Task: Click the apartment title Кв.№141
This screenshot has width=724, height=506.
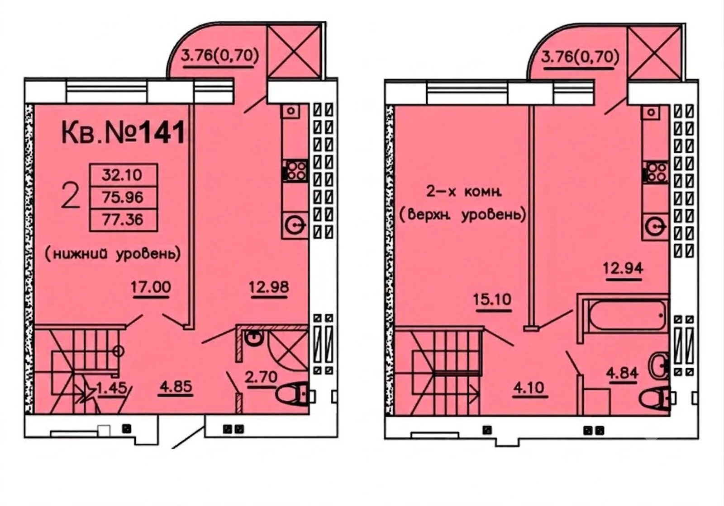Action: pyautogui.click(x=123, y=132)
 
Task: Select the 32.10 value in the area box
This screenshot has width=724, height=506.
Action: pyautogui.click(x=122, y=175)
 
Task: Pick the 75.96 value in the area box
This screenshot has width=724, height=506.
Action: pyautogui.click(x=123, y=197)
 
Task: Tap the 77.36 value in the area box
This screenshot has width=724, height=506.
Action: pyautogui.click(x=123, y=220)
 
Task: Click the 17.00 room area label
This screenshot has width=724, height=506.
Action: pyautogui.click(x=151, y=287)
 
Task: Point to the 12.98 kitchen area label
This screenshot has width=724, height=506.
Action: pyautogui.click(x=269, y=287)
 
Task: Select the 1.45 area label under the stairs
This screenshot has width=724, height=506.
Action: pyautogui.click(x=111, y=388)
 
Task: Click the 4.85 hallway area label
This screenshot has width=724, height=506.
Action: pyautogui.click(x=175, y=386)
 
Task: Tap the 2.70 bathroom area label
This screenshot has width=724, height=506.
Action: pyautogui.click(x=261, y=377)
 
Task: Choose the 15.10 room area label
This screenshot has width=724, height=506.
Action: pyautogui.click(x=493, y=300)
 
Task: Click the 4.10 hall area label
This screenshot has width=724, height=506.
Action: pyautogui.click(x=530, y=388)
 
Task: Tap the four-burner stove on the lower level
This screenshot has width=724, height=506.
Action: pyautogui.click(x=296, y=170)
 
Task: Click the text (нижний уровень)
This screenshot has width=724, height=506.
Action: pyautogui.click(x=113, y=254)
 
